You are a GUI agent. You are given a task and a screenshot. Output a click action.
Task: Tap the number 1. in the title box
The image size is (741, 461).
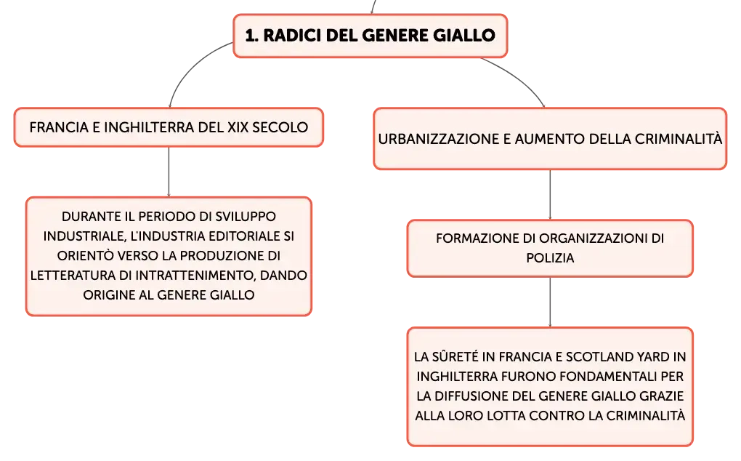tap(252, 36)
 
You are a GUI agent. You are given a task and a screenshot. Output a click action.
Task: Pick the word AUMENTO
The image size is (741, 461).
tap(543, 139)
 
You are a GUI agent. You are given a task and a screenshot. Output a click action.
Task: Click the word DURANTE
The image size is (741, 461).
tap(92, 217)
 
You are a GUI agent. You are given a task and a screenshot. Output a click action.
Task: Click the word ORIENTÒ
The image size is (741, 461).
tap(86, 256)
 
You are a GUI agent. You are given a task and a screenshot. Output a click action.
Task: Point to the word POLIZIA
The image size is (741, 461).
tap(550, 258)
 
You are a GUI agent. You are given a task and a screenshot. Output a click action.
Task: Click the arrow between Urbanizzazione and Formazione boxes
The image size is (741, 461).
tap(550, 195)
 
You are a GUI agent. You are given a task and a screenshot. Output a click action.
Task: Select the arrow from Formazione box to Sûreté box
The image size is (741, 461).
tap(550, 302)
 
